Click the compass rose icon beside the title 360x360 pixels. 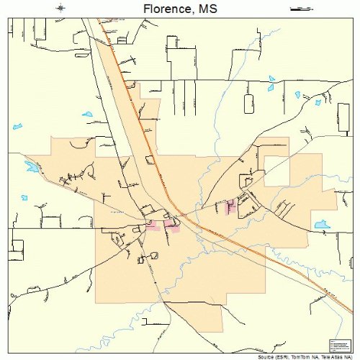click(x=62, y=8)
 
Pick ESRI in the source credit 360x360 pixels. click(x=283, y=356)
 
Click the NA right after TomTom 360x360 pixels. click(x=316, y=356)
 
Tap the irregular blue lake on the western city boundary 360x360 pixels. click(x=31, y=167)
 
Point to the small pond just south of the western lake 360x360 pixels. click(x=24, y=197)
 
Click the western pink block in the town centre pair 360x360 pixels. click(x=152, y=225)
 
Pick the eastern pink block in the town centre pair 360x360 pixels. click(x=171, y=225)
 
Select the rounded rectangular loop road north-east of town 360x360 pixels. click(x=249, y=103)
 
